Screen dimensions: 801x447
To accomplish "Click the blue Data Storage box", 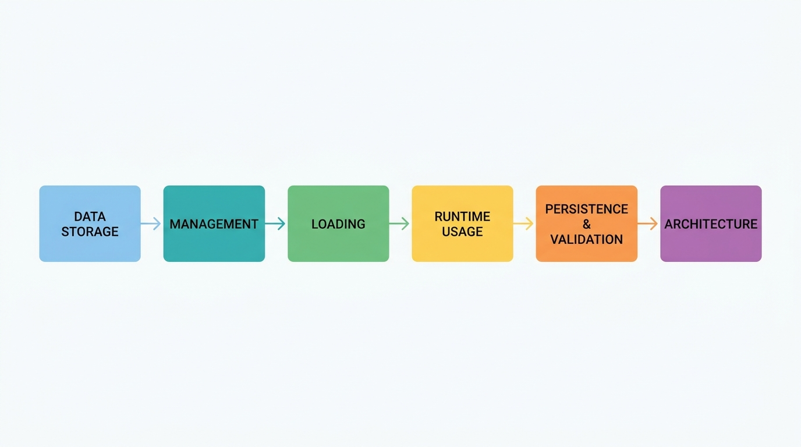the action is pyautogui.click(x=90, y=223).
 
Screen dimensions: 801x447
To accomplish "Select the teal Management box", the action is pyautogui.click(x=214, y=223).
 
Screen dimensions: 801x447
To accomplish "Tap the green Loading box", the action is pyautogui.click(x=338, y=223).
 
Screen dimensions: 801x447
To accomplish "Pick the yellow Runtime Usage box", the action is pyautogui.click(x=462, y=223).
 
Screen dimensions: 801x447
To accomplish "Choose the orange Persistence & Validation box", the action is pyautogui.click(x=586, y=223).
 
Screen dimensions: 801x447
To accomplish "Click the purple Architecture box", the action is pyautogui.click(x=711, y=223).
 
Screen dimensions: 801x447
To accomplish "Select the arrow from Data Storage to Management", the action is pyautogui.click(x=151, y=223).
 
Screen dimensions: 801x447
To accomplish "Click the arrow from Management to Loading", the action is pyautogui.click(x=275, y=223).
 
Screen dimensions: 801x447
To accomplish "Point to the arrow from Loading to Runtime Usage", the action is pyautogui.click(x=399, y=223).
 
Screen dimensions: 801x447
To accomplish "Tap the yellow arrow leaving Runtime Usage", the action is pyautogui.click(x=523, y=223).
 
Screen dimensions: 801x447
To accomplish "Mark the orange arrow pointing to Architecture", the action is pyautogui.click(x=647, y=223).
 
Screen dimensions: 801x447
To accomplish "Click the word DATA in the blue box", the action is pyautogui.click(x=90, y=217).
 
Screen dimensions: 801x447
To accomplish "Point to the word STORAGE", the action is pyautogui.click(x=90, y=232).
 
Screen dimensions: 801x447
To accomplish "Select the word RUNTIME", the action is pyautogui.click(x=462, y=217).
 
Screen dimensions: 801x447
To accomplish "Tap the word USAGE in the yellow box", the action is pyautogui.click(x=462, y=232).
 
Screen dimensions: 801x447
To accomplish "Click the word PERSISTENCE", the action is pyautogui.click(x=586, y=209).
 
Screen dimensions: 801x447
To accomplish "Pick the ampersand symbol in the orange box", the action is pyautogui.click(x=586, y=224).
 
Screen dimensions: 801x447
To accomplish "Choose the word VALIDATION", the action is pyautogui.click(x=586, y=239).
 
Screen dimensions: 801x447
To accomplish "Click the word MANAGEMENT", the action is pyautogui.click(x=214, y=224).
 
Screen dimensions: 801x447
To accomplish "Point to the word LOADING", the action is pyautogui.click(x=338, y=224).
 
